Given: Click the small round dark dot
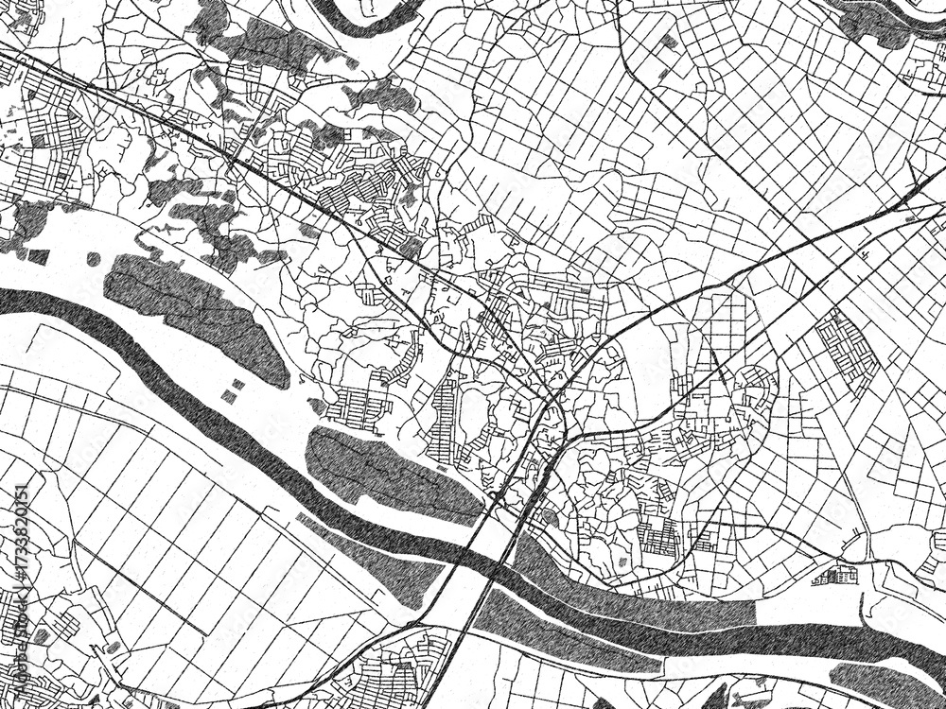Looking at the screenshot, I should (93, 259).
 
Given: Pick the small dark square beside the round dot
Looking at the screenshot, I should (39, 256).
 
